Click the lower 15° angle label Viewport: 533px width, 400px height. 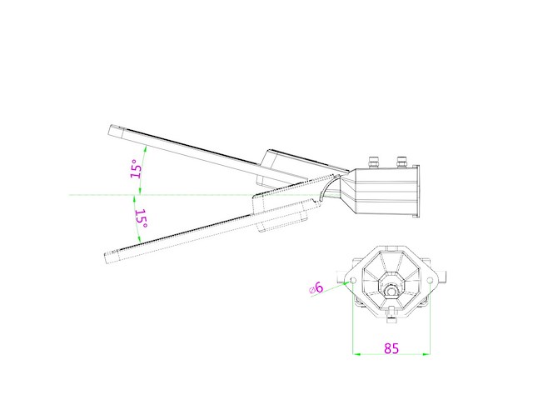point(141,219)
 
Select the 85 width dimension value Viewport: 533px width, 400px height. point(391,348)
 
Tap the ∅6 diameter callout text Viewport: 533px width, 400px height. point(316,287)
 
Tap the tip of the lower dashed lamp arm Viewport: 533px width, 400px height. point(107,255)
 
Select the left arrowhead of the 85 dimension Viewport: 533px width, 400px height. point(357,354)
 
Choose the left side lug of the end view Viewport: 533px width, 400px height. point(338,275)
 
